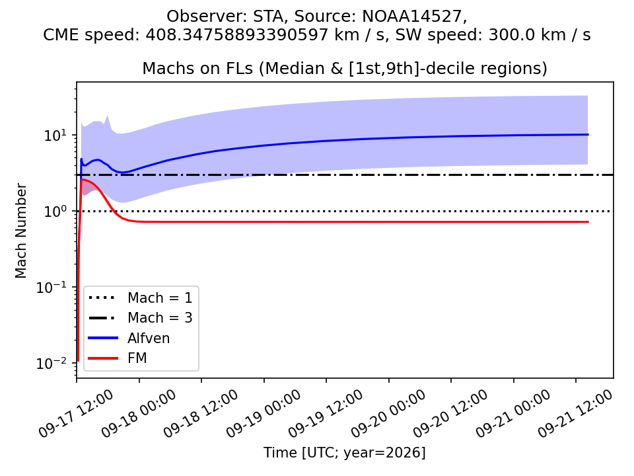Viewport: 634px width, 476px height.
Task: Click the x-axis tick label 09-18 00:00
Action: (x=139, y=414)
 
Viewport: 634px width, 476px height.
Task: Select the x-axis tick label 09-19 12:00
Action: (x=326, y=414)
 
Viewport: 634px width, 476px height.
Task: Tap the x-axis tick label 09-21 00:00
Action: (x=512, y=414)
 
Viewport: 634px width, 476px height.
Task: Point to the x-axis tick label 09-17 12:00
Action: (x=76, y=414)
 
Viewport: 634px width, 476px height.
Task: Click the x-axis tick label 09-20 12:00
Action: (x=450, y=414)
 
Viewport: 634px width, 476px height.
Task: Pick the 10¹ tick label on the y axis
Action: (x=55, y=135)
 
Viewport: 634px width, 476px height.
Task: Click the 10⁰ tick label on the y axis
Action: (x=55, y=212)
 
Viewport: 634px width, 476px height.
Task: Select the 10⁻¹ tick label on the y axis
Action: (x=52, y=288)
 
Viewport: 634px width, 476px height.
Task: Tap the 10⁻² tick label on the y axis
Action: (x=52, y=364)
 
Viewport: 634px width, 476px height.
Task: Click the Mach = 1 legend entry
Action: (x=140, y=298)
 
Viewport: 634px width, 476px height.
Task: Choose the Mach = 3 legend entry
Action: (x=140, y=318)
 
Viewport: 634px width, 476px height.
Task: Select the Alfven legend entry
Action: (x=129, y=338)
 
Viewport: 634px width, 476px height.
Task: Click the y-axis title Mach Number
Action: (x=20, y=231)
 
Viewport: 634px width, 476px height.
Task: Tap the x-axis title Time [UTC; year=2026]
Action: (x=345, y=452)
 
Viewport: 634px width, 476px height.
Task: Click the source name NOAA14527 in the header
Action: (x=411, y=16)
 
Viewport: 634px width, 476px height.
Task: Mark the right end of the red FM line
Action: (x=588, y=222)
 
